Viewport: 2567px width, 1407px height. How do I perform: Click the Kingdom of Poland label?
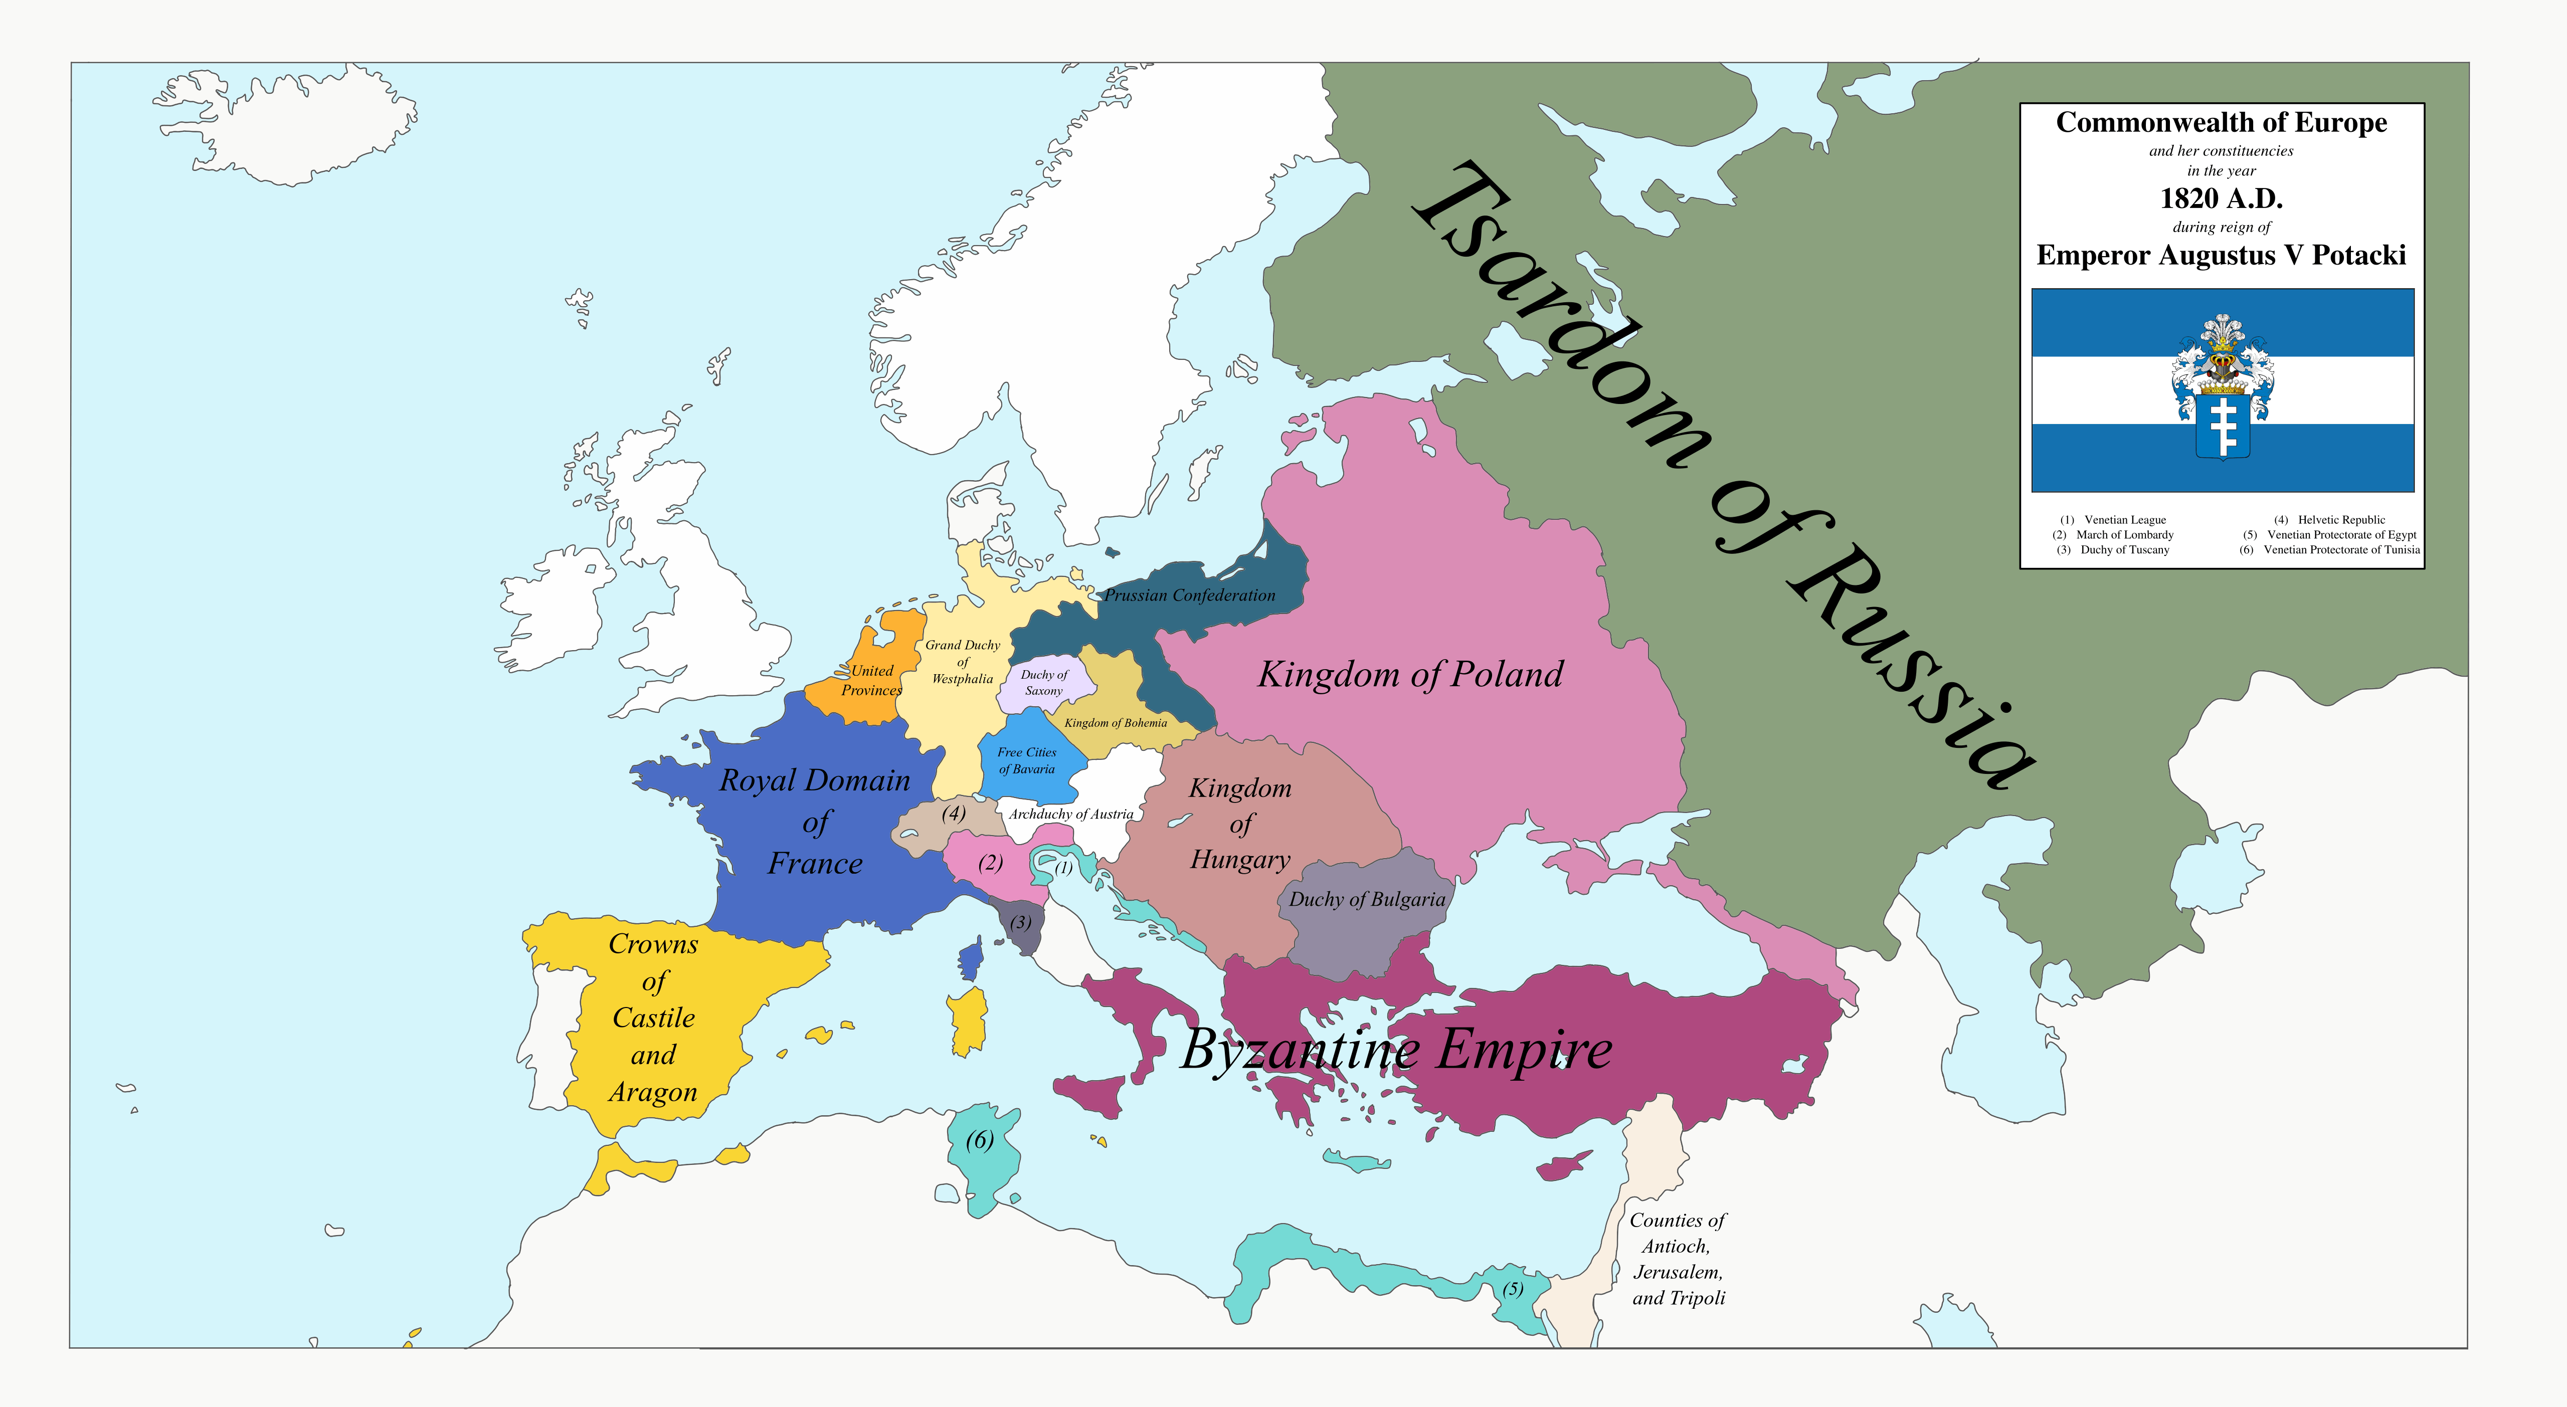click(1410, 675)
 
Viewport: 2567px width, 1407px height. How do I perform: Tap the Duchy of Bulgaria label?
click(1366, 899)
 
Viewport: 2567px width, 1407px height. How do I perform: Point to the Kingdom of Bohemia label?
click(1115, 722)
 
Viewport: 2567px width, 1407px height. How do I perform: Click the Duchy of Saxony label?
click(1043, 683)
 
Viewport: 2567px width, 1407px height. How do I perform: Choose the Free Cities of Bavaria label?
click(1026, 760)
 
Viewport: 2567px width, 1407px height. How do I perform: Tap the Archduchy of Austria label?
click(1070, 814)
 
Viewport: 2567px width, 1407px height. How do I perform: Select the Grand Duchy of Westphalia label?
click(963, 662)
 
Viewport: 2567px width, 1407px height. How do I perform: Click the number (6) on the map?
click(980, 1140)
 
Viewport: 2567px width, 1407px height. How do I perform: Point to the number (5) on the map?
click(1513, 1288)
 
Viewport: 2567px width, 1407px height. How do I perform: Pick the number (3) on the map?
click(1020, 922)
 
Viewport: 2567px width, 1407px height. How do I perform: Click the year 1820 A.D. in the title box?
click(2221, 198)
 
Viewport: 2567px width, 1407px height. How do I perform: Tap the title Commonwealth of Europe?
click(2221, 123)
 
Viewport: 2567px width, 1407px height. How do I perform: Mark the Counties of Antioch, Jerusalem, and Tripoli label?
click(1678, 1259)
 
